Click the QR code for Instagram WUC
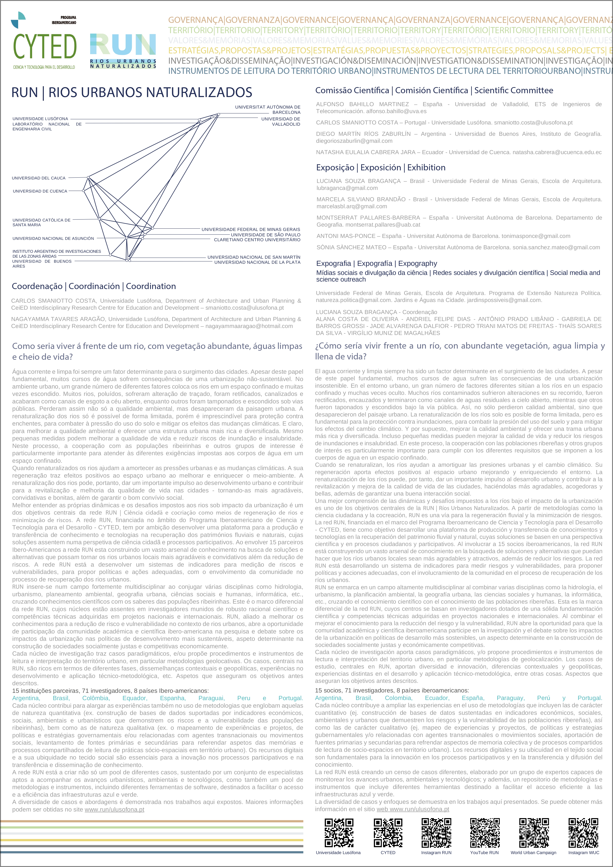pyautogui.click(x=583, y=833)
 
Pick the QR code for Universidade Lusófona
pyautogui.click(x=339, y=833)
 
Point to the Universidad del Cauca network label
pyautogui.click(x=39, y=178)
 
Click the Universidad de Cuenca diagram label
pyautogui.click(x=40, y=191)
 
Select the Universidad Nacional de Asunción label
pyautogui.click(x=53, y=238)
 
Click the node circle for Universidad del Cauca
pyautogui.click(x=88, y=177)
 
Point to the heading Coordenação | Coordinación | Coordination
pyautogui.click(x=94, y=286)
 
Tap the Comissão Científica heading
pyautogui.click(x=434, y=90)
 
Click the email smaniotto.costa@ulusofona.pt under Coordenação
pyautogui.click(x=244, y=308)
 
